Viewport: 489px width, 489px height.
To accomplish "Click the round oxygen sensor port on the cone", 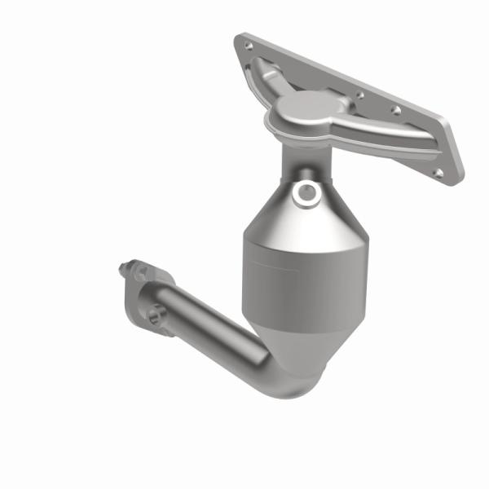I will tap(307, 192).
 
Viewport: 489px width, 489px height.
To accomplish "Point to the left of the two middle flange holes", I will tap(359, 95).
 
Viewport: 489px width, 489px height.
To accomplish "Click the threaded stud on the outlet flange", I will tap(126, 266).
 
